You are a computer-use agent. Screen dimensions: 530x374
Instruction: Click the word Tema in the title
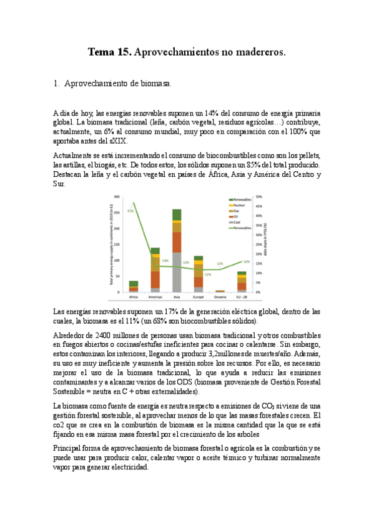[100, 53]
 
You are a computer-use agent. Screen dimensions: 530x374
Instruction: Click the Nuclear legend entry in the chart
[237, 205]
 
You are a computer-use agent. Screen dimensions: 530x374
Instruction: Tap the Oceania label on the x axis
[220, 297]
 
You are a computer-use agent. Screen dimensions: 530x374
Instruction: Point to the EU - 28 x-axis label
[242, 297]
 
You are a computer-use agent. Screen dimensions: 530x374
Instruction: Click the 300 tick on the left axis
[117, 197]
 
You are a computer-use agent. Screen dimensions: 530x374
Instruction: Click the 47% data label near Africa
[131, 211]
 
